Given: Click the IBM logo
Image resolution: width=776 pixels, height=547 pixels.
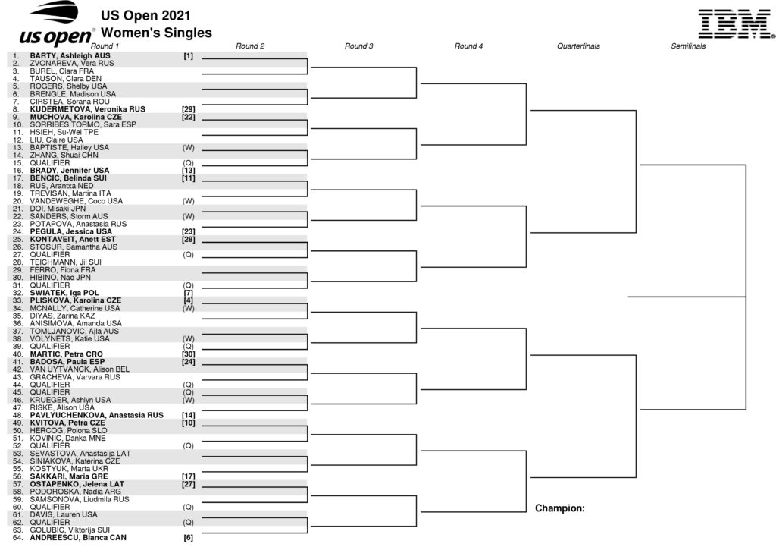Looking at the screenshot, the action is click(x=737, y=24).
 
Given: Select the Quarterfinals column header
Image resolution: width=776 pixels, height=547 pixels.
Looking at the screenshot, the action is click(x=578, y=46).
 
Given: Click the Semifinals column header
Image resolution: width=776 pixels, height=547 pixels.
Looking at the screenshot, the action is click(x=688, y=46).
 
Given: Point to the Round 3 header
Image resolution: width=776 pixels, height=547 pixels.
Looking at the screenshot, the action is click(x=358, y=46).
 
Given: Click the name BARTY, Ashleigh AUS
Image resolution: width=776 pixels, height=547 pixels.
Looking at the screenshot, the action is click(x=70, y=56).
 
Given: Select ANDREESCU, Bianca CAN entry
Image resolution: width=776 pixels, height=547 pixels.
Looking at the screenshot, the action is click(x=78, y=538).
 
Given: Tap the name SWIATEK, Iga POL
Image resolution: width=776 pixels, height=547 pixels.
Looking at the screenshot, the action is click(x=64, y=293).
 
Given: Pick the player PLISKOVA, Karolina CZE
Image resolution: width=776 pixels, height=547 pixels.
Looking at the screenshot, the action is click(x=75, y=300).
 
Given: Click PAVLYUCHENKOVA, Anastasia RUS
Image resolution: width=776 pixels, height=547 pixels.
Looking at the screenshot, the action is click(x=96, y=415).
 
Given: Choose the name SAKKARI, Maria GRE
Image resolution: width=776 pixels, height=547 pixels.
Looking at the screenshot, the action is click(x=69, y=476).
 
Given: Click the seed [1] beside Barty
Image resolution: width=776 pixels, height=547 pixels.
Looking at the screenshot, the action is click(x=189, y=56).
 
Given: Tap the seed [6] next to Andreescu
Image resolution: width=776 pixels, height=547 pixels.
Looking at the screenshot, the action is click(x=189, y=538).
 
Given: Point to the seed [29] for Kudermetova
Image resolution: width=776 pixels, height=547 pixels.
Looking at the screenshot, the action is click(x=189, y=109).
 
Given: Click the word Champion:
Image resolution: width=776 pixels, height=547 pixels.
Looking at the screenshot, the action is click(x=560, y=508).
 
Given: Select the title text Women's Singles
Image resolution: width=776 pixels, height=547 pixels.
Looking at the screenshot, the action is click(x=156, y=33).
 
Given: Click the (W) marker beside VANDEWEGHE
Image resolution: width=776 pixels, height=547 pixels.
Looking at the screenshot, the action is click(x=189, y=201).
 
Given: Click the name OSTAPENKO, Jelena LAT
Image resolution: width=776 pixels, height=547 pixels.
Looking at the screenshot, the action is click(x=77, y=484).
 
